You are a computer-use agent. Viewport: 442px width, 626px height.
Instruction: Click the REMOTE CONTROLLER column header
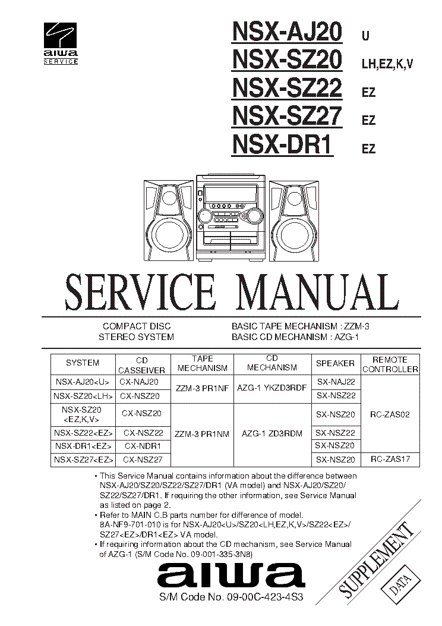click(390, 364)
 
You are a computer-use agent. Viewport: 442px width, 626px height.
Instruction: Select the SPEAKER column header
click(335, 363)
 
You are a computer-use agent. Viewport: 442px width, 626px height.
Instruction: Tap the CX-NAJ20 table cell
click(139, 382)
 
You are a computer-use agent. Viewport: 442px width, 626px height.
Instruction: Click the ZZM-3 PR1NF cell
click(202, 388)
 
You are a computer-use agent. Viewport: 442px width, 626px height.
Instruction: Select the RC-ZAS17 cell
click(390, 459)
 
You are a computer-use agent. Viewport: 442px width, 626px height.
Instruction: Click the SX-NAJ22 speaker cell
click(335, 382)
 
